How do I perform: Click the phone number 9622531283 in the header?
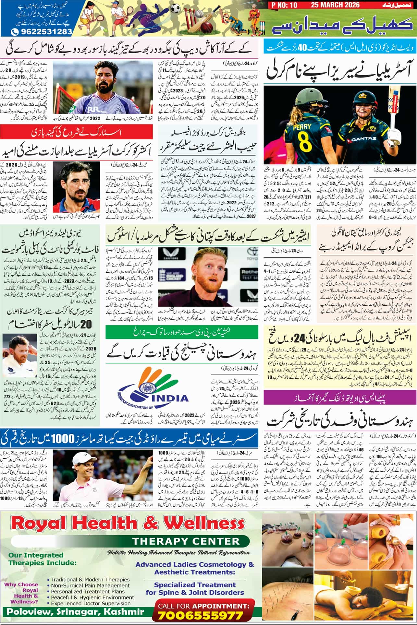[45, 32]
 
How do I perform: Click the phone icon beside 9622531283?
[15, 32]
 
